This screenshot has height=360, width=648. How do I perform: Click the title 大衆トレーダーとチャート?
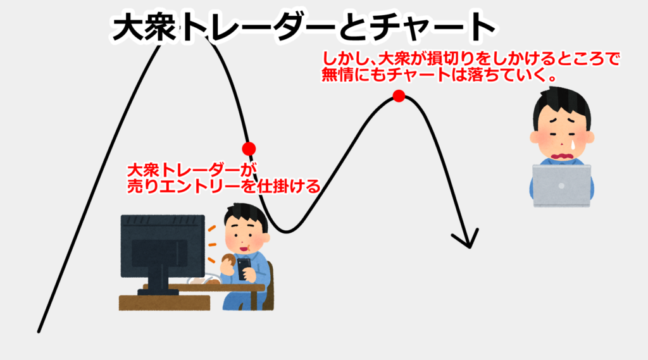(304, 26)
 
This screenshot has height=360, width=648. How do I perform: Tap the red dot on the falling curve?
(249, 149)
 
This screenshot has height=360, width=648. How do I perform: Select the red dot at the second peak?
(399, 96)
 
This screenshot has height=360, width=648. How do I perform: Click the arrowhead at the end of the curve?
(467, 239)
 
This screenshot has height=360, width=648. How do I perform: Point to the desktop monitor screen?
(163, 246)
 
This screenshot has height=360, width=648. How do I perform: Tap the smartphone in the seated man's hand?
(244, 269)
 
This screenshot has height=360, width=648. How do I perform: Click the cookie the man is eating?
(228, 259)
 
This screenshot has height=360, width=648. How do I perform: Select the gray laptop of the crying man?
(561, 185)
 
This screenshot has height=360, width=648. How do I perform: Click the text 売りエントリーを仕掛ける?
(223, 187)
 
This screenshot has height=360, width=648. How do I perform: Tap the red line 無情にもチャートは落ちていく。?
(438, 75)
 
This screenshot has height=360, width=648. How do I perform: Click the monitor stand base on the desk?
(158, 292)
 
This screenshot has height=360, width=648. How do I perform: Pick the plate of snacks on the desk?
(204, 280)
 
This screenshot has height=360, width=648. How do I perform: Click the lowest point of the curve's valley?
(286, 232)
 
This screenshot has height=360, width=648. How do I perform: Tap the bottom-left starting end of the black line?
(39, 331)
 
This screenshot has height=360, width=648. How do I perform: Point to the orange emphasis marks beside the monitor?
(211, 244)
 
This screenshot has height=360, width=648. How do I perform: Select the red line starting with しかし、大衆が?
(471, 59)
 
